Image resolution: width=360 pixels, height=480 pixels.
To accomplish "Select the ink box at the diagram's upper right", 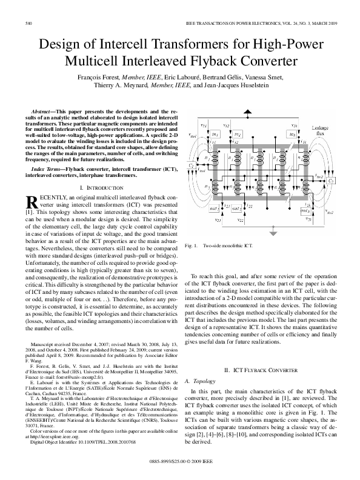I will tap(293, 134).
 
